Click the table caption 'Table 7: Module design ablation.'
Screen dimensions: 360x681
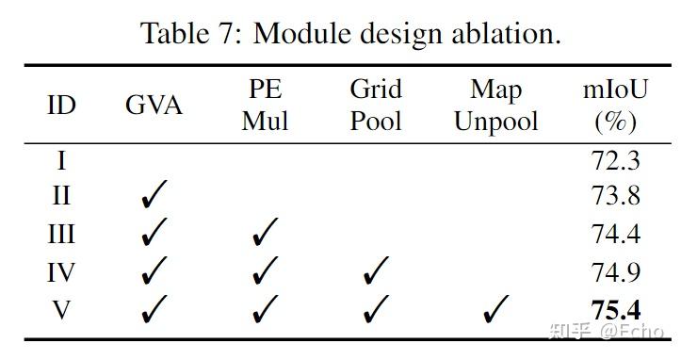click(x=350, y=34)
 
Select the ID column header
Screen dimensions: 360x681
click(x=61, y=105)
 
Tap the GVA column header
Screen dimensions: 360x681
click(x=154, y=105)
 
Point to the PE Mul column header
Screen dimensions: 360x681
click(x=265, y=105)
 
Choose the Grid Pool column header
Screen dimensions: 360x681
click(x=375, y=105)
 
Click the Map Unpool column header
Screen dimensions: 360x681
click(x=495, y=105)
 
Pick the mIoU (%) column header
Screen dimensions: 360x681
click(x=616, y=105)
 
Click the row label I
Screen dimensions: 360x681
click(x=61, y=160)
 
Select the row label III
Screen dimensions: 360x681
click(x=61, y=234)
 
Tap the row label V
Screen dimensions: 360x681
click(x=61, y=308)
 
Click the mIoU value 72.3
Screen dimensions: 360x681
click(x=616, y=160)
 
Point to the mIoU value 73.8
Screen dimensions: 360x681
click(x=616, y=196)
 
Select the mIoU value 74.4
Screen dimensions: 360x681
click(x=616, y=234)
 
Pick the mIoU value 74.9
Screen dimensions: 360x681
click(x=616, y=271)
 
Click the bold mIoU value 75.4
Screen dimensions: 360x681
click(x=616, y=308)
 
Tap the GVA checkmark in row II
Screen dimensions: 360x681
click(x=154, y=196)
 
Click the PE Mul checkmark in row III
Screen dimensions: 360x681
click(x=265, y=234)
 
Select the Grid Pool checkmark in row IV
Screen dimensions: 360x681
click(x=375, y=271)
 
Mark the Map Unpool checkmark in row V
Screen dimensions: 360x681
click(x=495, y=308)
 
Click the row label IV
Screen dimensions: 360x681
click(x=61, y=271)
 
